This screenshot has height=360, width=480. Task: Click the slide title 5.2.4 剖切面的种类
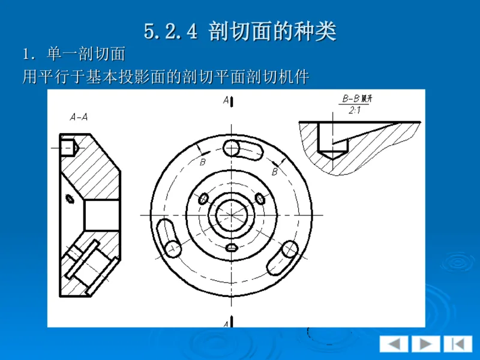pyautogui.click(x=240, y=31)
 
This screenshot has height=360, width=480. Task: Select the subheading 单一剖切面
pyautogui.click(x=86, y=55)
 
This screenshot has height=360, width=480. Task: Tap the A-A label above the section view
pyautogui.click(x=79, y=117)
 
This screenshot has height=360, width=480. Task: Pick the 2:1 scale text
pyautogui.click(x=354, y=110)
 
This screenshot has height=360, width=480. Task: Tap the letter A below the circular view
pyautogui.click(x=226, y=323)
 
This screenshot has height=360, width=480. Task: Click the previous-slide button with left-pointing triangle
pyautogui.click(x=394, y=344)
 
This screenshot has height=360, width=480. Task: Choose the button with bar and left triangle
pyautogui.click(x=457, y=344)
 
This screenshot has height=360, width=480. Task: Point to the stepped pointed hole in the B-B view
pyautogui.click(x=328, y=141)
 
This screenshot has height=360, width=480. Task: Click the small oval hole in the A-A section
pyautogui.click(x=70, y=199)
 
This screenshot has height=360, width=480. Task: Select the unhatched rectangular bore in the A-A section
pyautogui.click(x=101, y=216)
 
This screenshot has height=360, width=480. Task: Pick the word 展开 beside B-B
pyautogui.click(x=374, y=98)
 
